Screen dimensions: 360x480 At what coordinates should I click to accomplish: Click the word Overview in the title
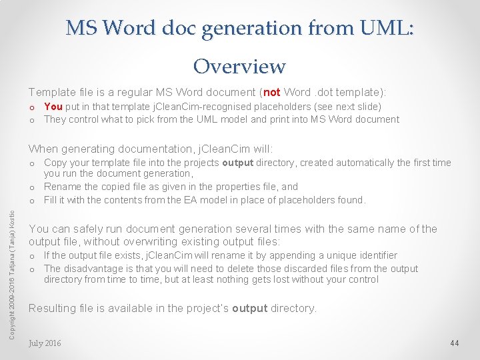239,66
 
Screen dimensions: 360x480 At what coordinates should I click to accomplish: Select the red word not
272,92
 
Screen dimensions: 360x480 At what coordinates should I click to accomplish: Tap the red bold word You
53,107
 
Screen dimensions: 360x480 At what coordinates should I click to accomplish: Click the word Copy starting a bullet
55,163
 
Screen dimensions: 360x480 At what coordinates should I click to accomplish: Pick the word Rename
62,187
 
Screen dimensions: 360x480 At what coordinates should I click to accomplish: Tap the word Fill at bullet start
50,200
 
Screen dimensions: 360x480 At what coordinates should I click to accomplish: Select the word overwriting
149,241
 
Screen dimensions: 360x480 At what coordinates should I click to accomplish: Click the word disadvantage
93,269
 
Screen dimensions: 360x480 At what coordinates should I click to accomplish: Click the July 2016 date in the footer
45,343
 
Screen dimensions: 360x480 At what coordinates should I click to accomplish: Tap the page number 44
455,343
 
